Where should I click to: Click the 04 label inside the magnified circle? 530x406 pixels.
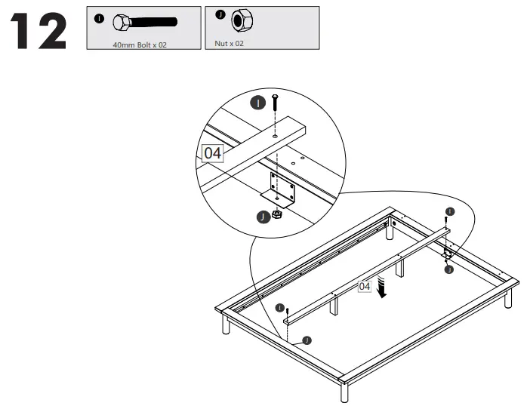pos(213,152)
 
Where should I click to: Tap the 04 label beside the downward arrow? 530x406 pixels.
pos(365,286)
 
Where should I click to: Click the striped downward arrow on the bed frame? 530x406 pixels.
pos(384,288)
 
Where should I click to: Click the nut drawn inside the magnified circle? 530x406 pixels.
pos(277,214)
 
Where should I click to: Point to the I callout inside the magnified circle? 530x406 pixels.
pos(258,103)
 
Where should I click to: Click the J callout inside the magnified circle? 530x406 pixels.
pos(262,217)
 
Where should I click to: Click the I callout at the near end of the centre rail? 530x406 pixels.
pos(279,308)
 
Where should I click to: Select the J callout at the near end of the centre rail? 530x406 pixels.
pos(307,340)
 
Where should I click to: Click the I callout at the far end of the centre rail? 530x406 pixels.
pos(451,211)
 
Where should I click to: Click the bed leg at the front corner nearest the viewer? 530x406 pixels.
pos(344,392)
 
